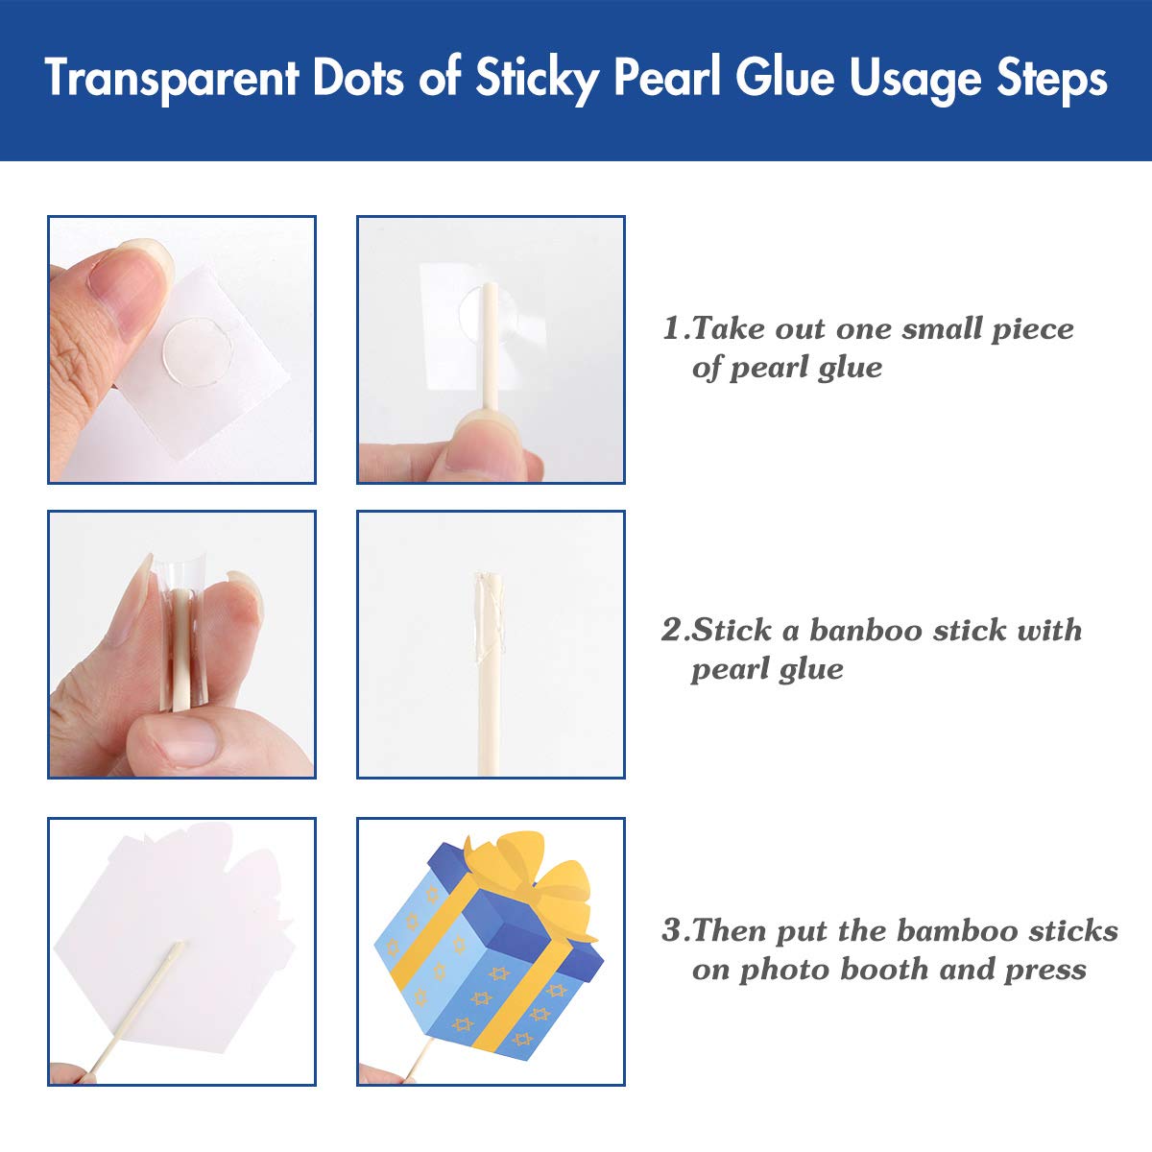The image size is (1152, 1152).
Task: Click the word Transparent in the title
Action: [172, 78]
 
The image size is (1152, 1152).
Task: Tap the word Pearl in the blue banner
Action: [667, 77]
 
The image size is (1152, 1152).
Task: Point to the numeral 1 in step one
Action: [673, 329]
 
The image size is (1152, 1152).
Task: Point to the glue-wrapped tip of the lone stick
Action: [489, 611]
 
